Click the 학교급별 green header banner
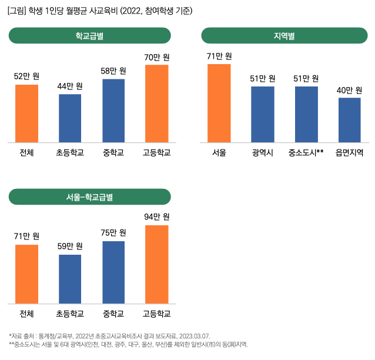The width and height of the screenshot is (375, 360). click(x=89, y=36)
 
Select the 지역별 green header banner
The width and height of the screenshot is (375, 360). click(x=284, y=36)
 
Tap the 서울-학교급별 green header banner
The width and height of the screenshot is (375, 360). click(x=89, y=197)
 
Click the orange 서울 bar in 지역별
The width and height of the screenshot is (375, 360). click(x=219, y=103)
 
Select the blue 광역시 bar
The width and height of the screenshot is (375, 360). click(x=262, y=114)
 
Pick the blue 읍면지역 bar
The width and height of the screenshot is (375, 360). click(x=349, y=120)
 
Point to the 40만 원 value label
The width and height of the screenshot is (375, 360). click(x=349, y=90)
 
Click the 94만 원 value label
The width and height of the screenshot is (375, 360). click(x=157, y=217)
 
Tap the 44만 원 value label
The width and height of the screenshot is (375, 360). click(x=70, y=86)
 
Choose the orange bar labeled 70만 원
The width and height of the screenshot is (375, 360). click(x=157, y=103)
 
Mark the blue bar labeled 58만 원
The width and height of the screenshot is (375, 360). click(x=113, y=110)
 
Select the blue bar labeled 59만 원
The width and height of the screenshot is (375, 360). click(x=70, y=279)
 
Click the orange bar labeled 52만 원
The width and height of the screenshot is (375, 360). click(x=26, y=113)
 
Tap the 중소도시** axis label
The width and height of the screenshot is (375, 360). click(x=306, y=154)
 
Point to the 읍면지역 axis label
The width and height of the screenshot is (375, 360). click(x=349, y=154)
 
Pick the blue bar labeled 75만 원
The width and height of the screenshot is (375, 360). click(x=113, y=272)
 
